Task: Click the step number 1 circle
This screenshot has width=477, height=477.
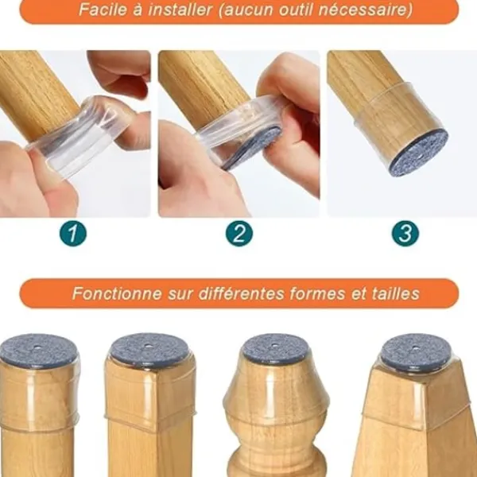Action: click(x=73, y=233)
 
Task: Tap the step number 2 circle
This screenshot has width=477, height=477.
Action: click(x=239, y=233)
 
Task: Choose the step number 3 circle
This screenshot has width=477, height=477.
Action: click(x=405, y=233)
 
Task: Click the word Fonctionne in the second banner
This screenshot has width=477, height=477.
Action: click(x=117, y=293)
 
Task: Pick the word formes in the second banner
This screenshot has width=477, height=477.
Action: click(x=317, y=293)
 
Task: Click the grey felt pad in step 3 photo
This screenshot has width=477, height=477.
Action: click(x=419, y=153)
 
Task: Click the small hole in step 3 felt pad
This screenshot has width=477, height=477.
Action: click(x=420, y=156)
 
